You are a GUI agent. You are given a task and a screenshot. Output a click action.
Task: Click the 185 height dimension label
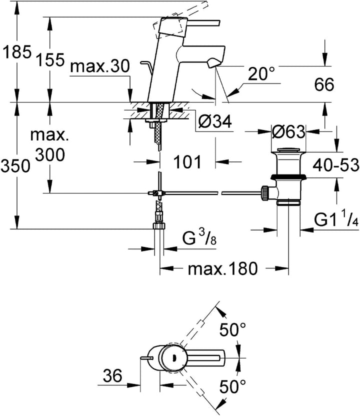point(16,52)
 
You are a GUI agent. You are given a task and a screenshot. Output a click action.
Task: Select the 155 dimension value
point(50,60)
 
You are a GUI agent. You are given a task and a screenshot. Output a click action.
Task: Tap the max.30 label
point(100,66)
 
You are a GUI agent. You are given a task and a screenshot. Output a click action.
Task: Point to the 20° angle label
point(261,75)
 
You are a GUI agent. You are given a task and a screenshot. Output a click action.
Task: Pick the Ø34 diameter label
point(215,121)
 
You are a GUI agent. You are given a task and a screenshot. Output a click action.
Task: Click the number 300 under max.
point(50,155)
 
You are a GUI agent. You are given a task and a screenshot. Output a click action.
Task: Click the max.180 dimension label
point(222,269)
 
